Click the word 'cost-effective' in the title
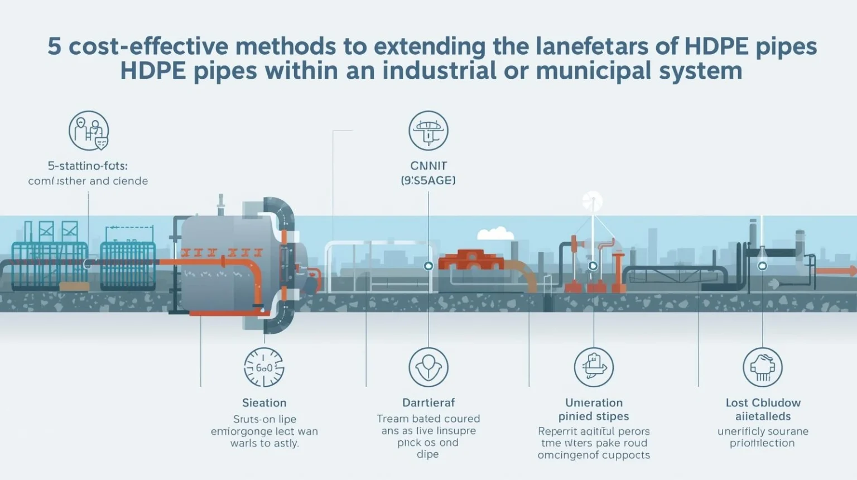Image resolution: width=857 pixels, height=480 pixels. tap(147, 46)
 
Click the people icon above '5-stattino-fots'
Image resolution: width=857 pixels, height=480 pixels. tap(89, 131)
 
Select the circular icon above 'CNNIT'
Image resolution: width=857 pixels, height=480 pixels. tap(428, 131)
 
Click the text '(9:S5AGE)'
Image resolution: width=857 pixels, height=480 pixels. tap(428, 180)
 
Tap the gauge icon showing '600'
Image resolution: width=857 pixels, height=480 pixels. tap(264, 367)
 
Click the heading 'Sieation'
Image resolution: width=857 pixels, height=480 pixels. tap(264, 402)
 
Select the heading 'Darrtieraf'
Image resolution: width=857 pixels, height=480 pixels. tap(428, 402)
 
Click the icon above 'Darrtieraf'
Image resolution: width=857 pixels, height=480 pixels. tap(428, 367)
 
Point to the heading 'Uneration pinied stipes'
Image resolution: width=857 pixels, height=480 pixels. tap(594, 409)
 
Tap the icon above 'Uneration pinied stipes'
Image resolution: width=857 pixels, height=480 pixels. tap(594, 367)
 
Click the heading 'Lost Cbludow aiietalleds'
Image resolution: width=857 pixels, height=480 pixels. tap(763, 409)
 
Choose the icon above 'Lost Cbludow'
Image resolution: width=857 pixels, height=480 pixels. tap(763, 367)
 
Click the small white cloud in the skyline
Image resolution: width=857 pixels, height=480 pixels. tap(495, 233)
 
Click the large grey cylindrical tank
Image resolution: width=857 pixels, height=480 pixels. tap(223, 262)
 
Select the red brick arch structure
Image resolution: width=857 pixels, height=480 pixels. tap(472, 260)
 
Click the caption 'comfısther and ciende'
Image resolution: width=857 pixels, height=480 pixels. tap(88, 181)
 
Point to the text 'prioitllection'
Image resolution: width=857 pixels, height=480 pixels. tap(762, 443)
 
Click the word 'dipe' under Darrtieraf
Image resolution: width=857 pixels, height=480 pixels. tap(428, 454)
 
